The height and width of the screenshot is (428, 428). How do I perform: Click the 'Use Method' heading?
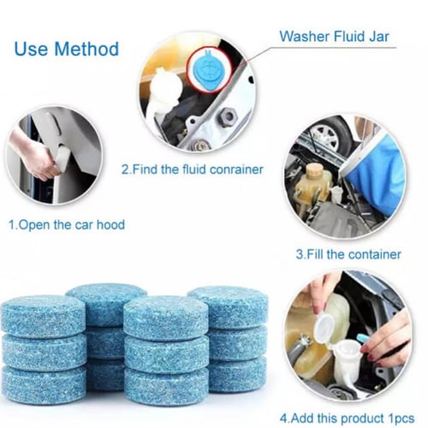coord(67,49)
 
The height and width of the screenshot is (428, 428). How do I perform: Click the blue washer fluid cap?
coord(210,69)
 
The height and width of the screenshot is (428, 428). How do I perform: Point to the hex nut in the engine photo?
coord(228,117)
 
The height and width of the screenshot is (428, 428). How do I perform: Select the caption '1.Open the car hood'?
coord(67,224)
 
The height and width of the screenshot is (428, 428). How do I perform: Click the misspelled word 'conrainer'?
coord(236,169)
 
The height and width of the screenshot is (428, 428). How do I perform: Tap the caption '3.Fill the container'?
coord(348,254)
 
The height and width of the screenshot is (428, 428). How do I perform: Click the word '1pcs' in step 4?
coord(401,419)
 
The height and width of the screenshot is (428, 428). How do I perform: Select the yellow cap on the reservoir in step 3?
coord(314,170)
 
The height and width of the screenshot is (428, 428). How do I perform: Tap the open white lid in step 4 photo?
coord(325,325)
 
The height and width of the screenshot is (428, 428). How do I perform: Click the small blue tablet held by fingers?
coord(362,338)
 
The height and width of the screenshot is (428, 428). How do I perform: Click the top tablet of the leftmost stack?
coord(44,317)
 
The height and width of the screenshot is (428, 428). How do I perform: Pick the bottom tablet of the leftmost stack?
coord(45,381)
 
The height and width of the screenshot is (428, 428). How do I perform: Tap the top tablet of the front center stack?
coord(166,318)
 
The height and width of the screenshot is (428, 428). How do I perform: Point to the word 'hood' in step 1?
coord(110,224)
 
